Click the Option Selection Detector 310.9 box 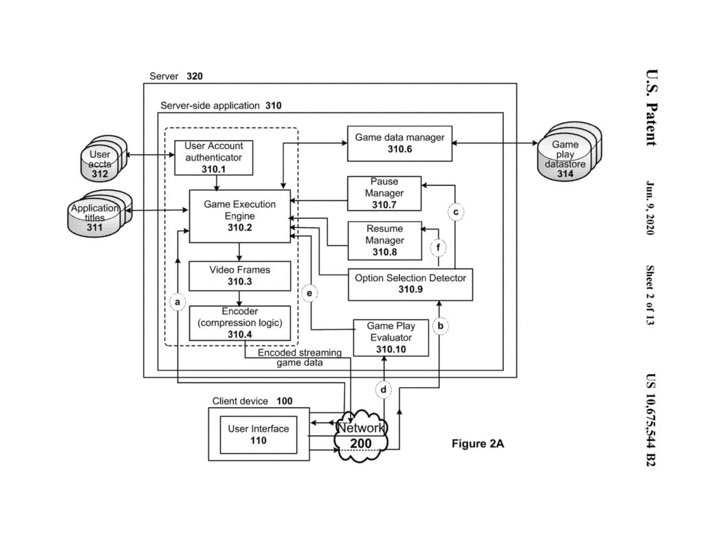pyautogui.click(x=410, y=284)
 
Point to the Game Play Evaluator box pyautogui.click(x=390, y=338)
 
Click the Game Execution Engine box pyautogui.click(x=239, y=216)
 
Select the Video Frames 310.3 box pyautogui.click(x=239, y=275)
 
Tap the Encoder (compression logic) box pyautogui.click(x=239, y=323)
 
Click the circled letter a pyautogui.click(x=177, y=301)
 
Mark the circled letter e pyautogui.click(x=310, y=293)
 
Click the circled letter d pyautogui.click(x=384, y=390)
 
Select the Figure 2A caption pyautogui.click(x=478, y=443)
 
